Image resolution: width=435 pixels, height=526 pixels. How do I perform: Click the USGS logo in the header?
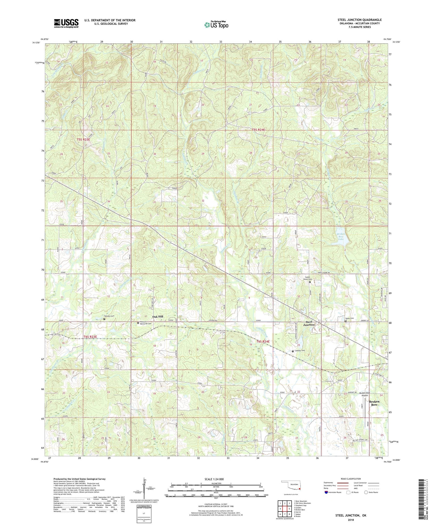point(66,23)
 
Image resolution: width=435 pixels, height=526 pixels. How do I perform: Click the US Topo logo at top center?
point(216,25)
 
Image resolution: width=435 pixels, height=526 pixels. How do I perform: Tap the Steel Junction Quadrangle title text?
point(359,20)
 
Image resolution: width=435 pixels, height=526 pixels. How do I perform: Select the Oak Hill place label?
point(157,317)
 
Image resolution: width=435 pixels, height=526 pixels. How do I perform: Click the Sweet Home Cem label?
point(307,278)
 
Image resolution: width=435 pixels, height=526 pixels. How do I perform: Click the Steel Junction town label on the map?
point(309,323)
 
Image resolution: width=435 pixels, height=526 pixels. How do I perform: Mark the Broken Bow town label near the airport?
point(374,403)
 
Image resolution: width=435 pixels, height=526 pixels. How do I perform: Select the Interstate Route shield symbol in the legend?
point(326,492)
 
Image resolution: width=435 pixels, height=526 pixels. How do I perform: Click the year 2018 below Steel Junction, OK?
point(351,520)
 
